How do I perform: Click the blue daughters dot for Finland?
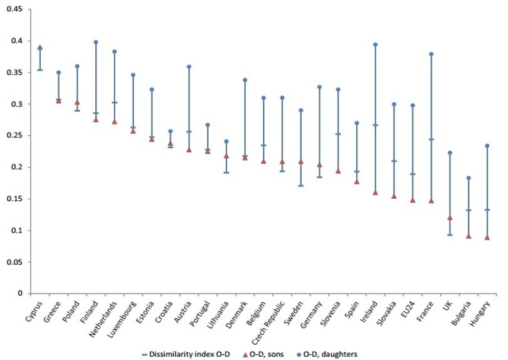point(96,42)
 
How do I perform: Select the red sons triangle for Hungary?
point(487,238)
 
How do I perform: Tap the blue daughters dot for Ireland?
point(376,45)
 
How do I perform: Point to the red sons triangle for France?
point(431,201)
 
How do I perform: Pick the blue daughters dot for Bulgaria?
point(468,178)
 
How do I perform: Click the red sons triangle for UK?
point(450,218)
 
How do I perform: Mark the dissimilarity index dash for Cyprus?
point(40,70)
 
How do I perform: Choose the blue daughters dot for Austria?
point(189,66)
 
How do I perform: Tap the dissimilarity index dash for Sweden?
point(301,186)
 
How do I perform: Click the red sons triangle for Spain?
point(357,182)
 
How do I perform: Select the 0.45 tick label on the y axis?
point(14,9)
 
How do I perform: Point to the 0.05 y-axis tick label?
point(14,262)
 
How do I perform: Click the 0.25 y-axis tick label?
point(14,135)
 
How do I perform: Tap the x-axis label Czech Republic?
point(268,319)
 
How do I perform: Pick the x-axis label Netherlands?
point(103,319)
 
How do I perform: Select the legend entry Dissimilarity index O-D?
point(186,354)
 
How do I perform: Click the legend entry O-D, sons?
point(263,354)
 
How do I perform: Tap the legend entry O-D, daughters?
point(327,354)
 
